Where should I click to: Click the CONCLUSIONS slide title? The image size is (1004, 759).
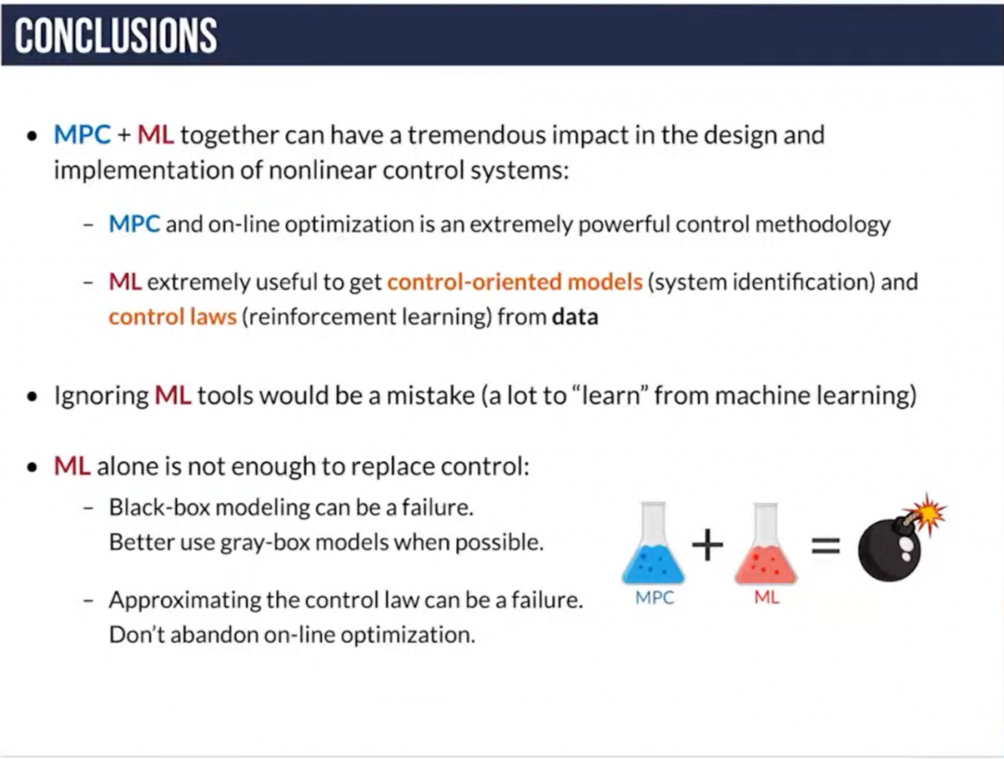(116, 35)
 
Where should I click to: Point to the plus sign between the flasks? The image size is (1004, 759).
(707, 545)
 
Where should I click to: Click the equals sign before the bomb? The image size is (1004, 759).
(826, 546)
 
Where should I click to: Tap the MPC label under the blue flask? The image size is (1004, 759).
(654, 598)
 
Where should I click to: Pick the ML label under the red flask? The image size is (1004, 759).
(766, 598)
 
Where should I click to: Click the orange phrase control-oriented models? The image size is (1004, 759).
(515, 282)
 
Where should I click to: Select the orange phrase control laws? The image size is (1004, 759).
(172, 316)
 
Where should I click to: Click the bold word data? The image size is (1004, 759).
(575, 316)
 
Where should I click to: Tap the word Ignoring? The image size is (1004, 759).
(101, 395)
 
